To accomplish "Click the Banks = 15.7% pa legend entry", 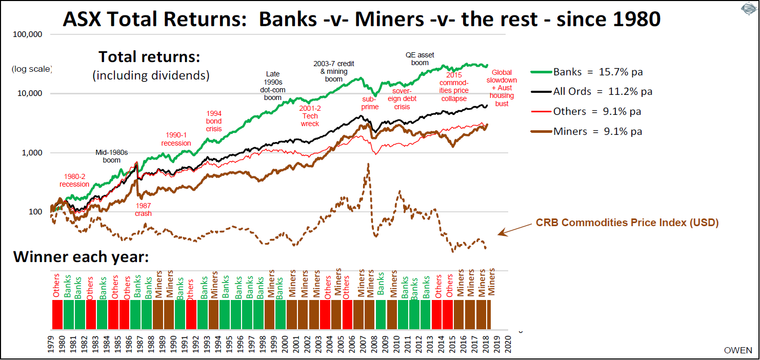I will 597,72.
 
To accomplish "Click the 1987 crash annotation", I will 143,209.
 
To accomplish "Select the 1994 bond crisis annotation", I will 214,121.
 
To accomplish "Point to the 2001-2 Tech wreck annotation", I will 309,115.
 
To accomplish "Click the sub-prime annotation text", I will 369,103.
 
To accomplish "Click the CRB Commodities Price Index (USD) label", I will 627,223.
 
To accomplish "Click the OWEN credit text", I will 738,350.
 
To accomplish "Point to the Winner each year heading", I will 81,256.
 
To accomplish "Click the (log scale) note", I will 32,69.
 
